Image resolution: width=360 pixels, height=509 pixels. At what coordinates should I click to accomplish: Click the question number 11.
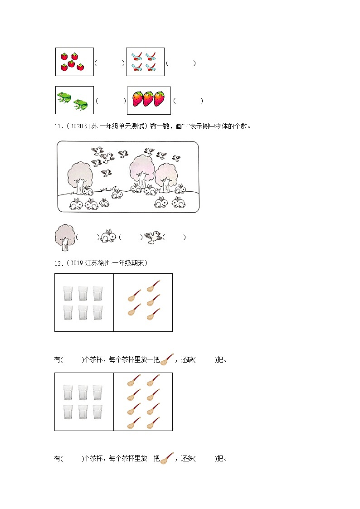pyautogui.click(x=58, y=126)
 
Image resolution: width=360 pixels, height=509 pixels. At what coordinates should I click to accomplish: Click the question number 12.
pyautogui.click(x=58, y=263)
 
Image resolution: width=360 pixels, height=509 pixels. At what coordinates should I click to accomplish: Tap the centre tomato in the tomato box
pyautogui.click(x=71, y=62)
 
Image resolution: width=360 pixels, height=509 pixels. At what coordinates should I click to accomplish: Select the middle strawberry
pyautogui.click(x=148, y=99)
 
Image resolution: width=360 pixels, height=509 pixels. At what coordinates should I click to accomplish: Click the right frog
pyautogui.click(x=81, y=105)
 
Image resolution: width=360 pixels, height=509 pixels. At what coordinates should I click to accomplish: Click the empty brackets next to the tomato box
pyautogui.click(x=109, y=63)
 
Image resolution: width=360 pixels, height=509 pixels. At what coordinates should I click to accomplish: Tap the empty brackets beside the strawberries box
pyautogui.click(x=188, y=101)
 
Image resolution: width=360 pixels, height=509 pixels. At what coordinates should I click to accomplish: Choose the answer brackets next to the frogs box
pyautogui.click(x=111, y=101)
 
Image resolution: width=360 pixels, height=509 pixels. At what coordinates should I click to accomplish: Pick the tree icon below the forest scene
pyautogui.click(x=63, y=237)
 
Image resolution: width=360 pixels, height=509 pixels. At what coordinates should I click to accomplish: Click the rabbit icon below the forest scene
pyautogui.click(x=108, y=236)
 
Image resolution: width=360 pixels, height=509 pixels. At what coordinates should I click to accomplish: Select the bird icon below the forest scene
pyautogui.click(x=153, y=236)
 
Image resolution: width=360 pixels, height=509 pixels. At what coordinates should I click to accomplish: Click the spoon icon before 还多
pyautogui.click(x=167, y=458)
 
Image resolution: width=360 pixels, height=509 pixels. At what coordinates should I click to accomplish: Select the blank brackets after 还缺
pyautogui.click(x=205, y=360)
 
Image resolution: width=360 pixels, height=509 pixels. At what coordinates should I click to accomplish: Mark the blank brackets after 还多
pyautogui.click(x=205, y=459)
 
